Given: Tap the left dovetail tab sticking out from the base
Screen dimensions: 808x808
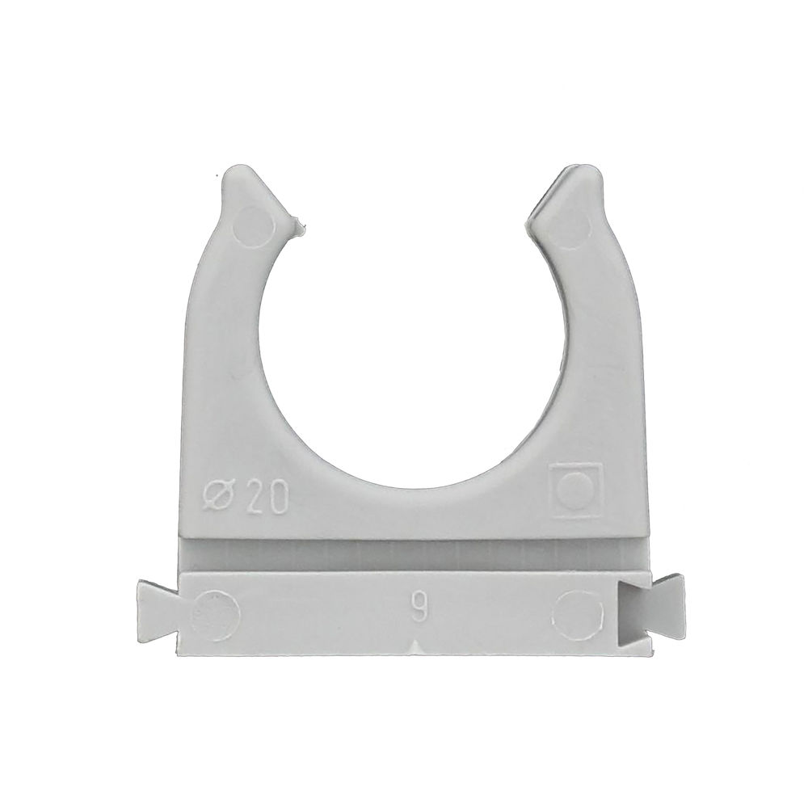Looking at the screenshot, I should pos(158,607).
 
